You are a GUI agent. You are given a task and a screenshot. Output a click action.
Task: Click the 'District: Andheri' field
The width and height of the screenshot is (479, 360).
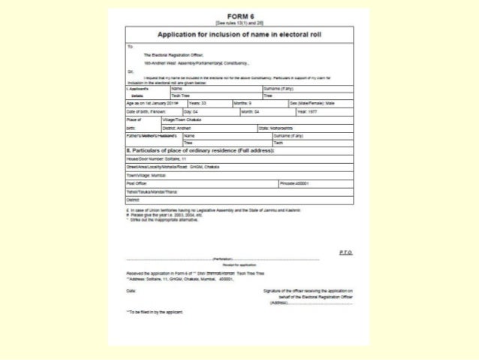point(188,128)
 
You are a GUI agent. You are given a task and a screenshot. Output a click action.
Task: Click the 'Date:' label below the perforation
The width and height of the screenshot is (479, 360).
point(132,289)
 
